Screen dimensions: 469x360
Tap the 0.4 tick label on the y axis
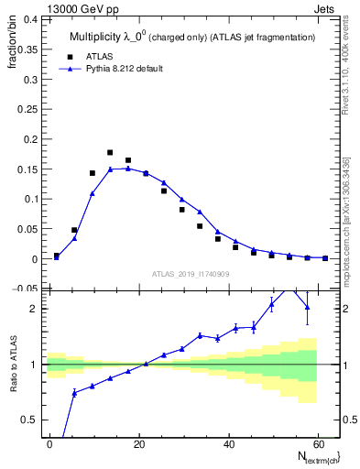click(x=29, y=18)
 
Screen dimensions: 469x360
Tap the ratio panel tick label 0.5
click(x=29, y=420)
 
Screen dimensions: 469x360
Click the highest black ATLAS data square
click(x=110, y=153)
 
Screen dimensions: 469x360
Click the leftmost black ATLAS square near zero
click(x=57, y=256)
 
